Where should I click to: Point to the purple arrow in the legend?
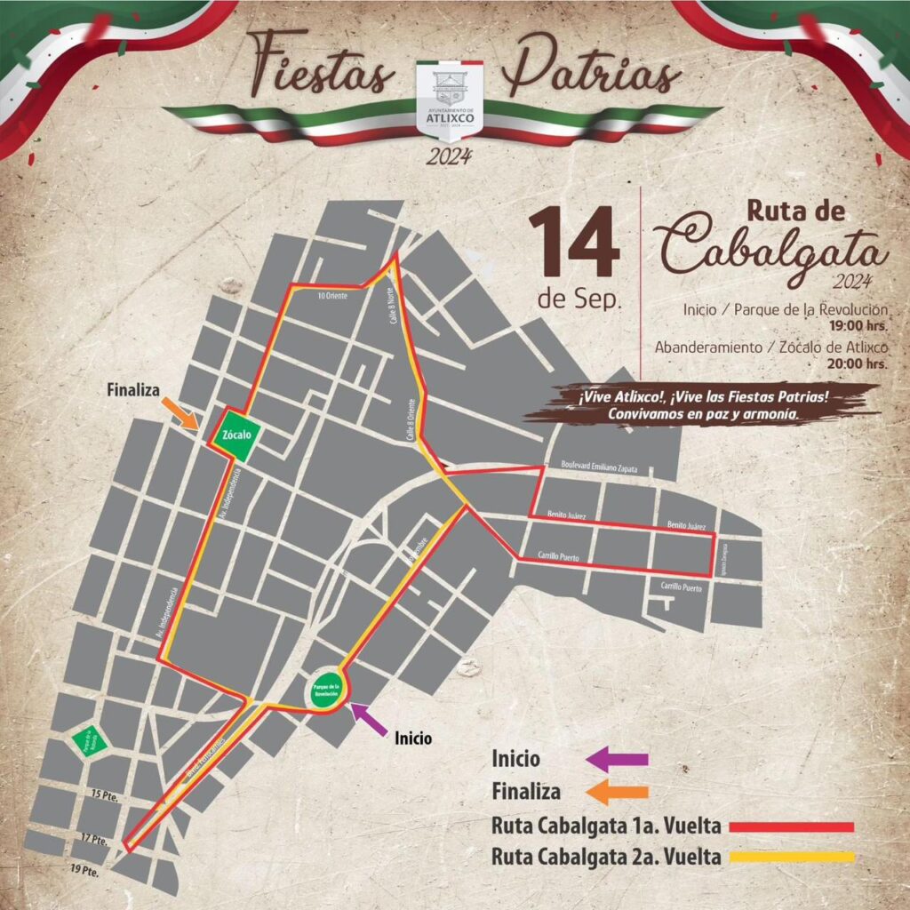619,760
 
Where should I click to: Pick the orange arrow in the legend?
619,792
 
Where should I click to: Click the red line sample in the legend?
791,826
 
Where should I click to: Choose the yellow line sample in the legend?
791,858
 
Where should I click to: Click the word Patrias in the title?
591,67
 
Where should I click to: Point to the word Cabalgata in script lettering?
773,251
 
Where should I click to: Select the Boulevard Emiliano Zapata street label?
600,467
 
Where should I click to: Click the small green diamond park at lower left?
86,740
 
